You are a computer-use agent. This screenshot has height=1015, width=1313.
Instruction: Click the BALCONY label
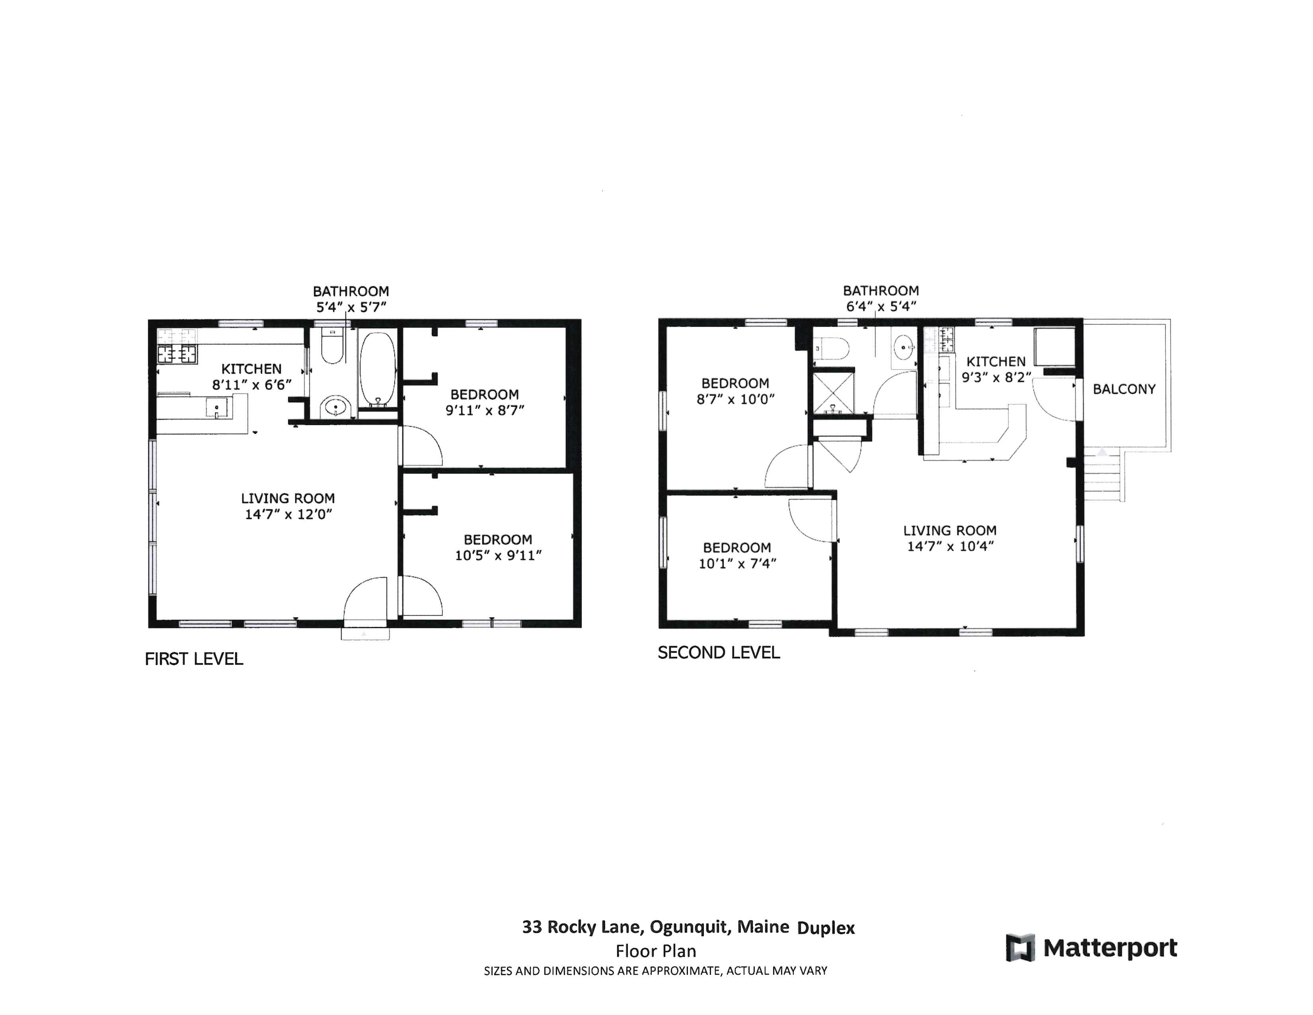pyautogui.click(x=1124, y=389)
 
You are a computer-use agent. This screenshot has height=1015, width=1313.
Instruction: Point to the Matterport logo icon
pyautogui.click(x=1020, y=948)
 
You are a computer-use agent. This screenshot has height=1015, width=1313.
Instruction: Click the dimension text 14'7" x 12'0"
pyautogui.click(x=288, y=514)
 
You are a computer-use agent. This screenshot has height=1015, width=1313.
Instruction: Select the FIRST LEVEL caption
pyautogui.click(x=194, y=659)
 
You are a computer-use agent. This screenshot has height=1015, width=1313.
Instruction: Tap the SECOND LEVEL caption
pyautogui.click(x=719, y=652)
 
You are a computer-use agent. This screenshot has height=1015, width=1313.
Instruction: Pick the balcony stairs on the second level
pyautogui.click(x=1102, y=475)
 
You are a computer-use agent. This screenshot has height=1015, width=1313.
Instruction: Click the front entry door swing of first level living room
pyautogui.click(x=366, y=598)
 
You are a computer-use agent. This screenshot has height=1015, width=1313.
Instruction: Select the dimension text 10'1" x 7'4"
pyautogui.click(x=737, y=563)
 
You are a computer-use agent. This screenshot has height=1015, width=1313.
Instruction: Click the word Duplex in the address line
pyautogui.click(x=826, y=928)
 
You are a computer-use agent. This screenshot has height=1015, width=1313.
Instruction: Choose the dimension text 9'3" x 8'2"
pyautogui.click(x=996, y=378)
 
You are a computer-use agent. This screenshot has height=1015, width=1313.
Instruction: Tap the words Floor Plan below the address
pyautogui.click(x=655, y=951)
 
